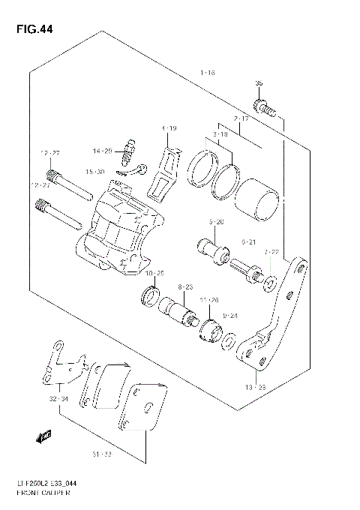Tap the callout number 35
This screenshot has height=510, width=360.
(x=259, y=83)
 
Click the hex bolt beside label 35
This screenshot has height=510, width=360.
(x=262, y=106)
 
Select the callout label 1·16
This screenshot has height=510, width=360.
(x=208, y=73)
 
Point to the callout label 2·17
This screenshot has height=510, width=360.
(x=240, y=119)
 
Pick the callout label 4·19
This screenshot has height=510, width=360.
(x=169, y=129)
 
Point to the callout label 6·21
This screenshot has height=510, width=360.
(x=249, y=241)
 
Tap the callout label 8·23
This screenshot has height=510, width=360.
(x=185, y=287)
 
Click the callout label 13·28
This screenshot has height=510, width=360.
(x=256, y=386)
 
